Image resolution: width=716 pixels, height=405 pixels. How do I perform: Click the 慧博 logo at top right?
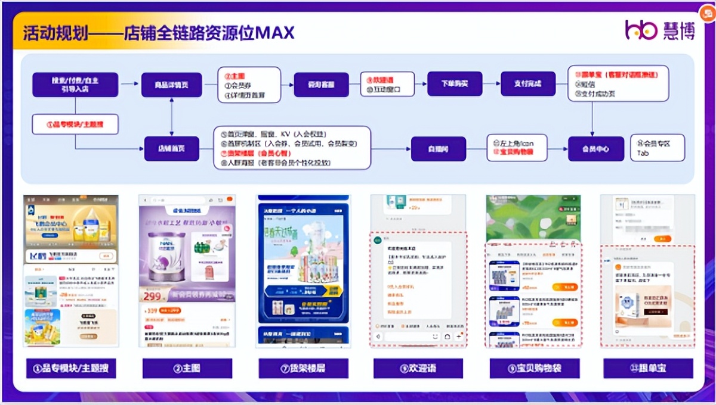(x=661, y=30)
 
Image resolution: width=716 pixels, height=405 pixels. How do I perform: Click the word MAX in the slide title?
(x=275, y=33)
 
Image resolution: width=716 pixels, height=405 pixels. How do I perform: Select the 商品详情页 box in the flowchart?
(x=172, y=85)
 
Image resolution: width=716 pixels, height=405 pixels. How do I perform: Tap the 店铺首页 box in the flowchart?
(x=171, y=148)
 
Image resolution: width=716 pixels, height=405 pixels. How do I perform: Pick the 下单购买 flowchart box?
(x=455, y=84)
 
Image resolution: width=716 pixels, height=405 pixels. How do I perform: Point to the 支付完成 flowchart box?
(x=527, y=84)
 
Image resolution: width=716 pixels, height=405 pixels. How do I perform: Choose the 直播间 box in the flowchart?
(x=439, y=148)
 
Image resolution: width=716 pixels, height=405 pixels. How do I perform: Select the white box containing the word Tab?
(x=657, y=148)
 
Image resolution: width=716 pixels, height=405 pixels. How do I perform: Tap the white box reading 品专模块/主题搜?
(x=75, y=124)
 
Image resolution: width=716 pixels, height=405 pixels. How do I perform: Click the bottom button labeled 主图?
(x=187, y=368)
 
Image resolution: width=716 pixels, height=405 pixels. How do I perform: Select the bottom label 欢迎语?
(x=418, y=368)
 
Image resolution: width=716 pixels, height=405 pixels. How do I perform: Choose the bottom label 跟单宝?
(x=648, y=368)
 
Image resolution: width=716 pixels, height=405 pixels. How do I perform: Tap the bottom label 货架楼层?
(x=303, y=368)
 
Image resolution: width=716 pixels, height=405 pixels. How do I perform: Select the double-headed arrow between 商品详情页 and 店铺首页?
(x=172, y=117)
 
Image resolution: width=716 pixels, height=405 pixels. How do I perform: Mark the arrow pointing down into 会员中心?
(x=592, y=125)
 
